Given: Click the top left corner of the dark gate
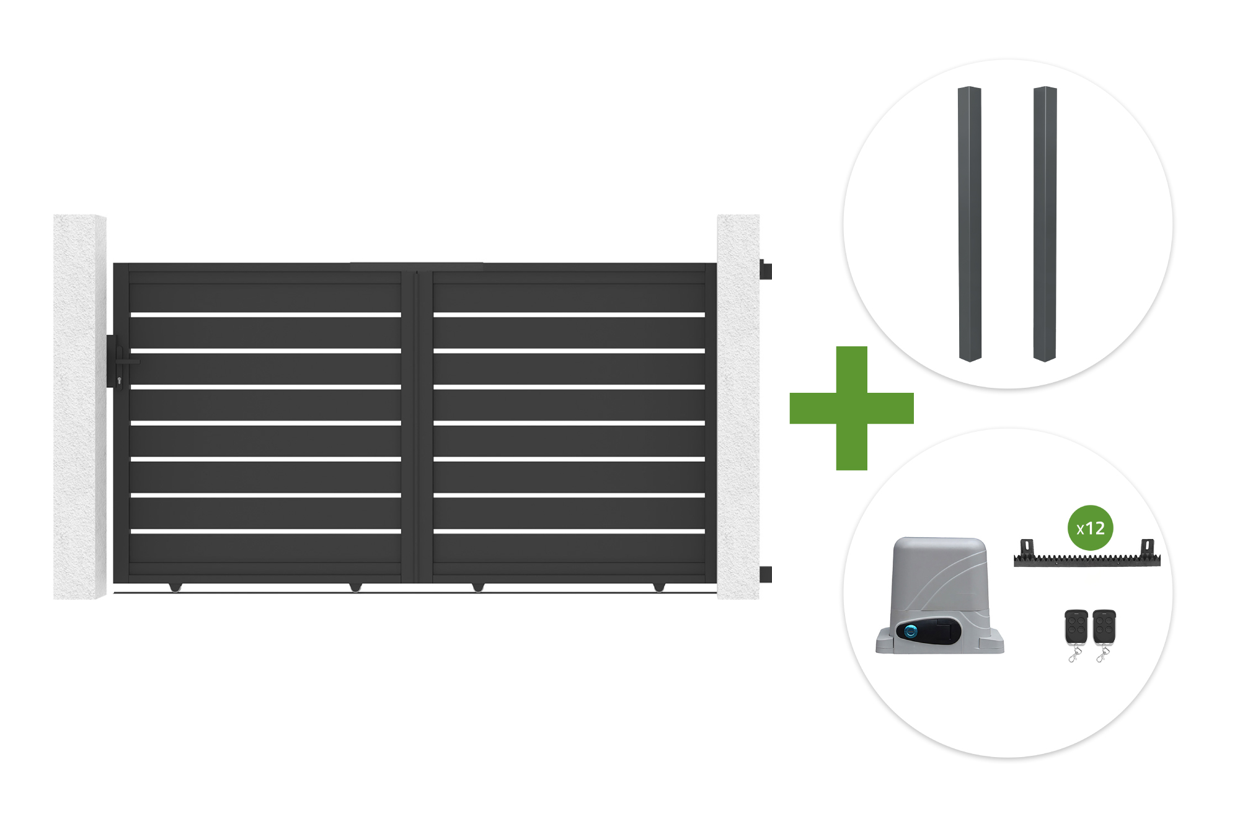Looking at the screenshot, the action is tap(113, 263).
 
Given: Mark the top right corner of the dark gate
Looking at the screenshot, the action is tap(717, 263).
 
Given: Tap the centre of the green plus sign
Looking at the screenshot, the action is tap(851, 408).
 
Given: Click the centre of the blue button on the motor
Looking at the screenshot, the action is tap(911, 631).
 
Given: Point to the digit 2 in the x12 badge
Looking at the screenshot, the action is tap(1098, 528).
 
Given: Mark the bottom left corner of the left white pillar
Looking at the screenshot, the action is tap(53, 599).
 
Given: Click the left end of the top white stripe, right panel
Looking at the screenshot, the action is tap(433, 315).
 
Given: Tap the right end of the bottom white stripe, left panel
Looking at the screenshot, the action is tap(401, 532).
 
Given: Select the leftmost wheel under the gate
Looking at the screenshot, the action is tap(175, 587).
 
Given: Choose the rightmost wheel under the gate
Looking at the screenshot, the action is tap(658, 587).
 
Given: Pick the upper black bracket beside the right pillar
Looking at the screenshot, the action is tap(766, 270).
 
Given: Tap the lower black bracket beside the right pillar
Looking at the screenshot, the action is tap(766, 574).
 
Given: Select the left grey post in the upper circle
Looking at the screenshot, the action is tap(970, 224).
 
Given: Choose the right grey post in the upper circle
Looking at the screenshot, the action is tap(1045, 224).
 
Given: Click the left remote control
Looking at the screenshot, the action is tap(1076, 635).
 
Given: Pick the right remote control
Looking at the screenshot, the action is tap(1104, 635).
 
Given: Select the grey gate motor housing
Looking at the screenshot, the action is tap(939, 595).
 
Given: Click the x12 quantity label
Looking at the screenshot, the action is tap(1091, 528).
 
